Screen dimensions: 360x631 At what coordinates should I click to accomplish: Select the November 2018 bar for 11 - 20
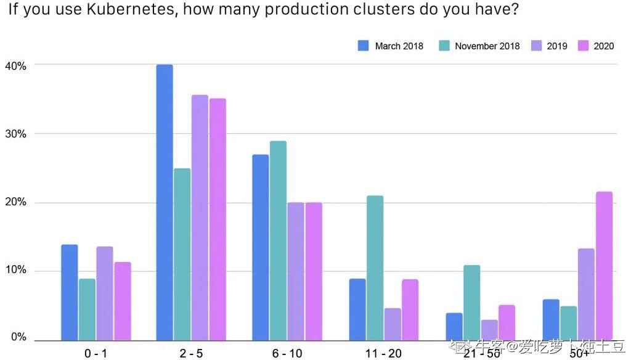tap(375, 268)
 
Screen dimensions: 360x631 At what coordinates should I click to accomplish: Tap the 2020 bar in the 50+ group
tap(604, 266)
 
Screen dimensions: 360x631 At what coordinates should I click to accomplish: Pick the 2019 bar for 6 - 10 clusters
tap(296, 271)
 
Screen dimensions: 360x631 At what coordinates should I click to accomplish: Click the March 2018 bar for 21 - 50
tap(454, 327)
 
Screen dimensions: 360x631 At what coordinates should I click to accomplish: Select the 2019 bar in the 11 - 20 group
tap(393, 324)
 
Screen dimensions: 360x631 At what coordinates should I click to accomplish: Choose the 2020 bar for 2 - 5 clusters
tap(218, 219)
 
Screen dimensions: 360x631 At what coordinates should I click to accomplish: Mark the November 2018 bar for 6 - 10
tap(278, 240)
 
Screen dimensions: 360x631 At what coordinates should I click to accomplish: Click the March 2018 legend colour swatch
tap(364, 46)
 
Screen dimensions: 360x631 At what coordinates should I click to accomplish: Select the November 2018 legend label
tap(487, 46)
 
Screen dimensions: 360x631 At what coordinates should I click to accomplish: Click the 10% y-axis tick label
tap(16, 271)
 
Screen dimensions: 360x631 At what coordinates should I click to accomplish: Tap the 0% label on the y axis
tap(18, 338)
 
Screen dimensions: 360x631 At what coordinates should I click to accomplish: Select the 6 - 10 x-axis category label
tap(287, 353)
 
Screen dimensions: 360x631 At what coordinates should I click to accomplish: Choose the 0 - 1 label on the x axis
tap(96, 353)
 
